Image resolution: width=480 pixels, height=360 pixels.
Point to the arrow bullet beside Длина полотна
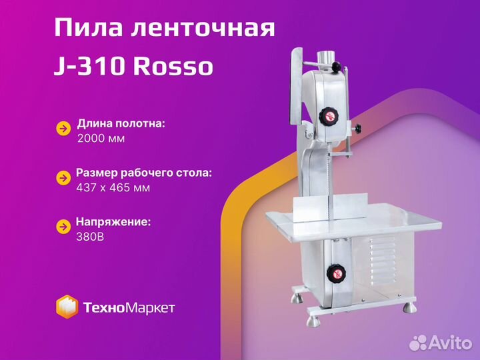pos(63,129)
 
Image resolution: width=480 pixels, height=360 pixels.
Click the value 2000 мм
pos(101,139)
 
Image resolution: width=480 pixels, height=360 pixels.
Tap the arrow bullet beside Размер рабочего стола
pos(63,178)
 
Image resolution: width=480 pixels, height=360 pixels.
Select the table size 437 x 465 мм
pos(113,187)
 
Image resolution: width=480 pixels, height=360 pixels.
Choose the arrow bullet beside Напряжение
pos(63,227)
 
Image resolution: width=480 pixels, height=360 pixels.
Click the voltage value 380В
pos(90,237)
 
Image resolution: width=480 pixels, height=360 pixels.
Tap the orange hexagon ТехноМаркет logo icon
pos(67,307)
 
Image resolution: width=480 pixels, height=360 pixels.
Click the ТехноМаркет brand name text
pos(129,307)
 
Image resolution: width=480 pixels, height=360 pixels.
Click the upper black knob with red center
pos(329,116)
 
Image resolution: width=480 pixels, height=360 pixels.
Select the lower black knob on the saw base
pos(336,273)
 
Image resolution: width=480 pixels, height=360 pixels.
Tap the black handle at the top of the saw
pos(336,66)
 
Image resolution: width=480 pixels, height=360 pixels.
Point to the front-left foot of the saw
pos(313,321)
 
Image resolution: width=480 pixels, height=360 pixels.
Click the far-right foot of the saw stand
pos(409,307)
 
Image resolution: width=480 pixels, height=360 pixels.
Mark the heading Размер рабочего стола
pos(144,173)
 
